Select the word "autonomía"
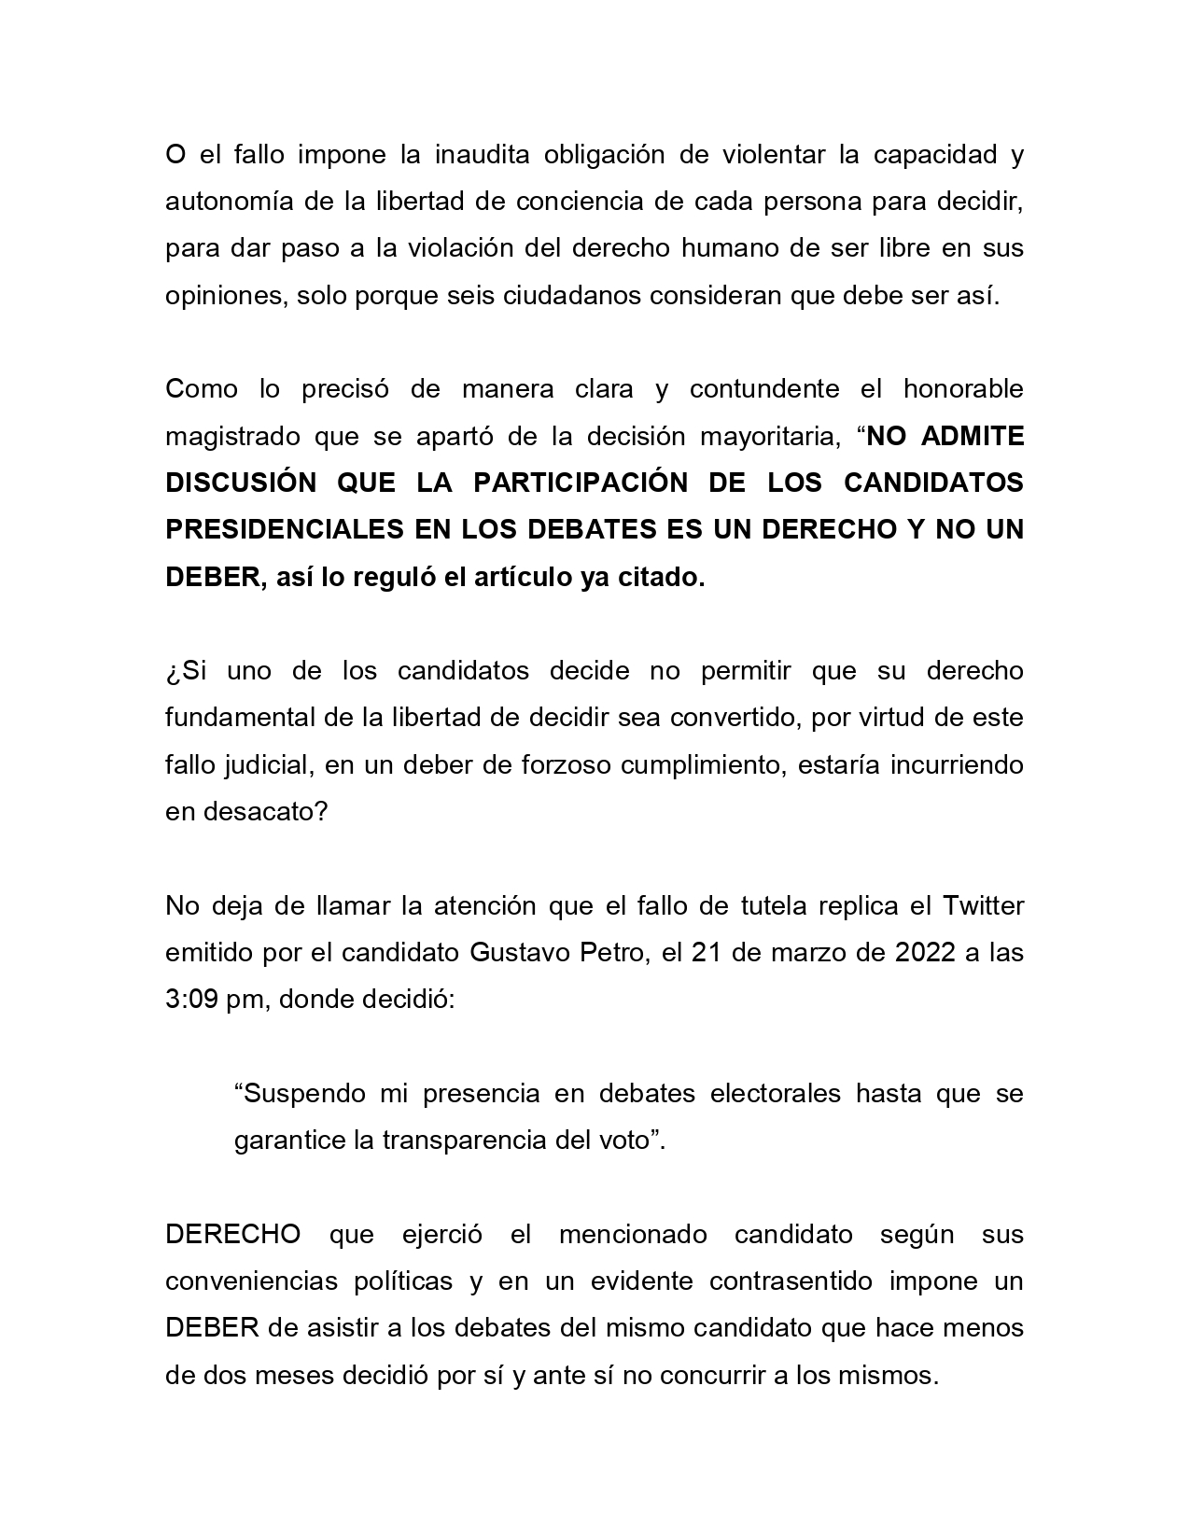222,202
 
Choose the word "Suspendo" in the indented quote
300,1094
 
